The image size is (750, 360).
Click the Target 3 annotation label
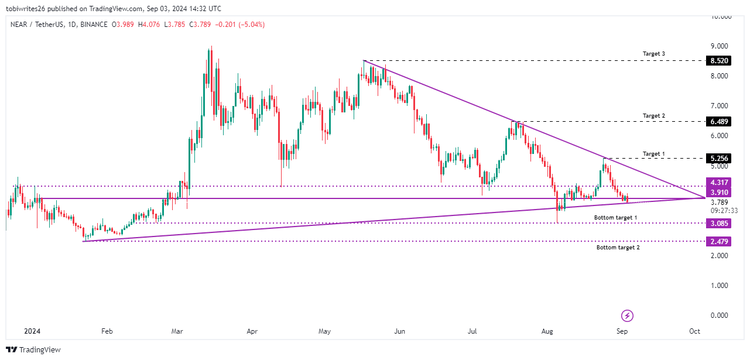coord(654,54)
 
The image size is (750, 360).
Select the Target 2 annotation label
coord(654,116)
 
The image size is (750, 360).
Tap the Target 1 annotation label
coord(654,154)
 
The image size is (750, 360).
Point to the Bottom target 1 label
coord(615,218)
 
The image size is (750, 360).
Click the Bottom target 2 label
coord(618,248)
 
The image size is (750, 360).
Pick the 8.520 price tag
coord(720,60)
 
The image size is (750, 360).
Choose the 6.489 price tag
coord(720,122)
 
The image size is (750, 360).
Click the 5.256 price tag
coord(720,159)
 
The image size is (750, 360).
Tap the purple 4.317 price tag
coord(720,182)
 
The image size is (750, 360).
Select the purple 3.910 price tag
coord(720,192)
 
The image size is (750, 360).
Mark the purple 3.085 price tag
coord(720,223)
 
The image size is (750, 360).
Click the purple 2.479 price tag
coord(720,241)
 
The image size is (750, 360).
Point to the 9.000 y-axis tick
coord(718,46)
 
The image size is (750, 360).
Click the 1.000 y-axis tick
coord(718,286)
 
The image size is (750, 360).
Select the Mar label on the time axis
coord(177,331)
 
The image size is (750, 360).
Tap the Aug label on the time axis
coord(547,331)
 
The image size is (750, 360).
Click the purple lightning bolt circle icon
coord(627,316)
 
